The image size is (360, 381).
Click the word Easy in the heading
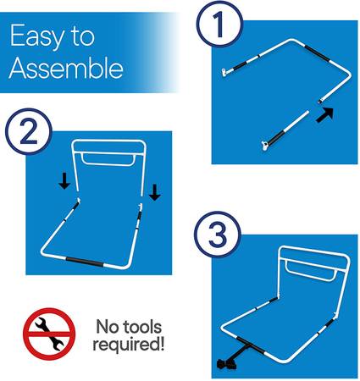36,36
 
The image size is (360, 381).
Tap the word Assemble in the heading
66,68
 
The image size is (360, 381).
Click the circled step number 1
219,24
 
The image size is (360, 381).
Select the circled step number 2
29,131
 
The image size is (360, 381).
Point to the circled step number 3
218,235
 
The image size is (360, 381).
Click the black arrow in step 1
324,114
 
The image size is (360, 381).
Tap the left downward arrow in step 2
64,181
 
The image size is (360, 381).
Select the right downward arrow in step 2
155,192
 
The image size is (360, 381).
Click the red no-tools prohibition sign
49,334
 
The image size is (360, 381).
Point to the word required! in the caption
129,345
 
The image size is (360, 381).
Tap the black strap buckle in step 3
226,364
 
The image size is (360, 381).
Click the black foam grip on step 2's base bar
85,262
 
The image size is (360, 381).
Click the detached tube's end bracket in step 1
264,146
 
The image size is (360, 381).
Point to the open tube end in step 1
319,101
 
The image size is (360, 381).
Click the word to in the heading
82,36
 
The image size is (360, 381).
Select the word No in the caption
107,327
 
